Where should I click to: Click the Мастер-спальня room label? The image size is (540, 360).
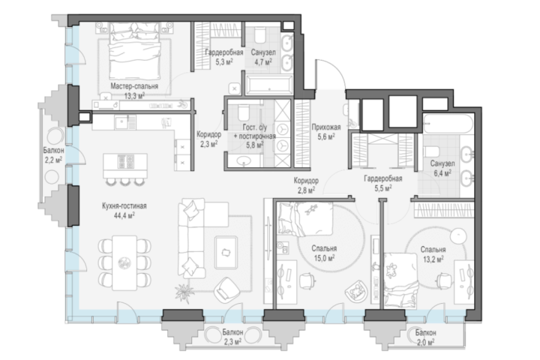tap(134, 85)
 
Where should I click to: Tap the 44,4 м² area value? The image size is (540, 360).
tap(124, 215)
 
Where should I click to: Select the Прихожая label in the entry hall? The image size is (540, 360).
tap(325, 127)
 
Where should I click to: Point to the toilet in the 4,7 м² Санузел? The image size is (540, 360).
tap(259, 35)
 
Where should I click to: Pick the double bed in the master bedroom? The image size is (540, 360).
tap(135, 51)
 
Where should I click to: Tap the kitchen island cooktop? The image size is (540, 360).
tap(125, 161)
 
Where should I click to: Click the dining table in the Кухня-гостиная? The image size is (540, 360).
tap(124, 262)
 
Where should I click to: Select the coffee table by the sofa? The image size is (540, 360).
tap(226, 252)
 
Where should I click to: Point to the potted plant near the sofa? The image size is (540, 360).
tap(182, 293)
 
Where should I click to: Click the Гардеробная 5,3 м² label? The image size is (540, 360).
tap(223, 57)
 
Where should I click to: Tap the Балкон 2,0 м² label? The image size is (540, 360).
tap(425, 337)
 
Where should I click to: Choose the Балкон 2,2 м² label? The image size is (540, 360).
tap(53, 155)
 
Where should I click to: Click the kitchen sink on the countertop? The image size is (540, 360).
tap(121, 122)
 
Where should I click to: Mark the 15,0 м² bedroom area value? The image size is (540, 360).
tap(324, 258)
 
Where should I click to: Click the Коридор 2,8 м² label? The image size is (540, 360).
tap(306, 185)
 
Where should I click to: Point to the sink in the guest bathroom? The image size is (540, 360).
tap(244, 160)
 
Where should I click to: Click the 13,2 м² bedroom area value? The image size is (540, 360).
tap(433, 259)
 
